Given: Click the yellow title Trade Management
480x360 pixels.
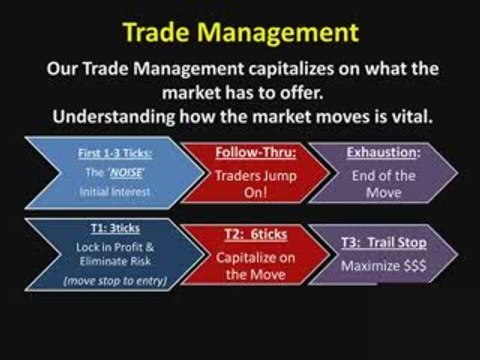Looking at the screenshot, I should coord(240,32).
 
